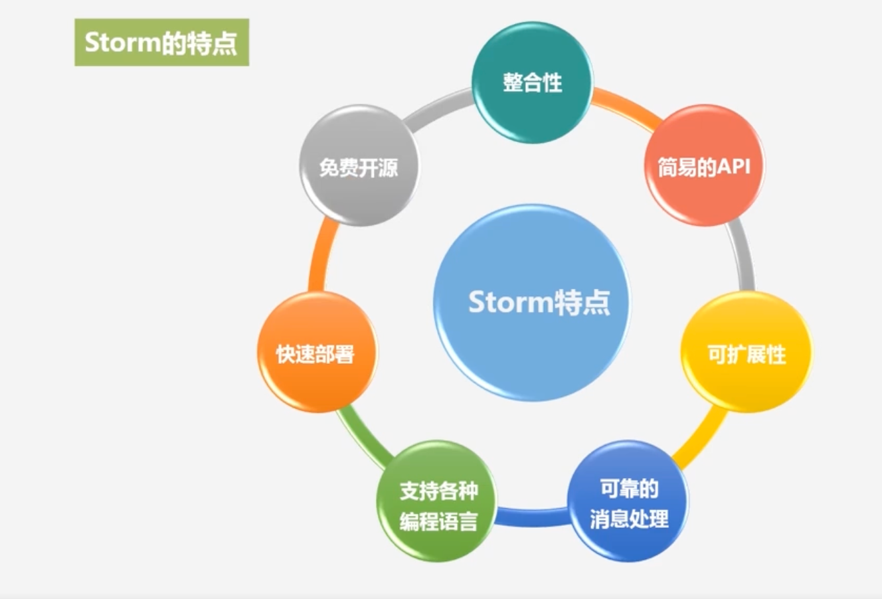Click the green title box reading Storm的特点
click(162, 42)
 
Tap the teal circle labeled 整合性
click(533, 82)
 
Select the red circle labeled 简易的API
click(705, 165)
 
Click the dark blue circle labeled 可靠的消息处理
click(628, 501)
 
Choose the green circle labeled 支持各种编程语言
click(436, 501)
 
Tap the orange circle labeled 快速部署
click(317, 353)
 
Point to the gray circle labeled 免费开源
click(359, 165)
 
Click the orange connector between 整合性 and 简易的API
click(626, 107)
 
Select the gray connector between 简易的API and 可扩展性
click(743, 256)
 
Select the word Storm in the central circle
click(511, 302)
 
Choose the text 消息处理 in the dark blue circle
click(629, 518)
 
